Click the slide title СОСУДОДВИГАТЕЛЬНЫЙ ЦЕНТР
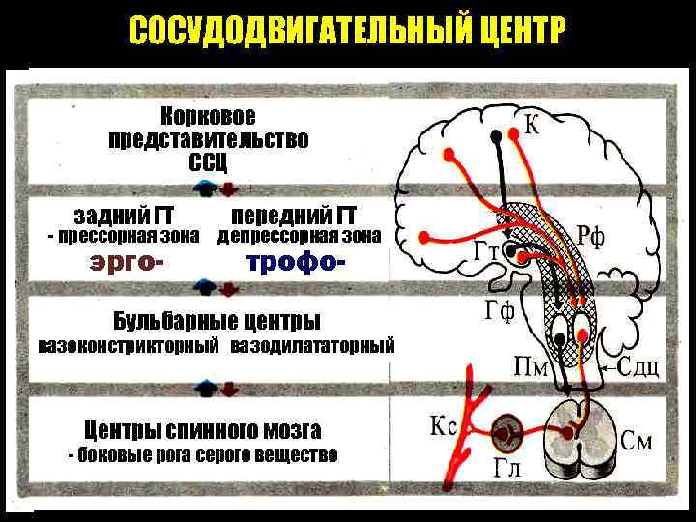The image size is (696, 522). tap(346, 33)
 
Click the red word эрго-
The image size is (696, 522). tap(126, 261)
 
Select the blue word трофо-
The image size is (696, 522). tap(296, 261)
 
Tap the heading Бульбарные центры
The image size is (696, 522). tap(217, 320)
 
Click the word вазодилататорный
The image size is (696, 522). tap(312, 345)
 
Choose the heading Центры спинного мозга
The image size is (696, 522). tap(202, 430)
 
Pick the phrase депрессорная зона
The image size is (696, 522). tap(299, 236)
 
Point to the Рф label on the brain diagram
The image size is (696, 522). tap(591, 235)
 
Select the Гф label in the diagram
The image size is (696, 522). tap(500, 312)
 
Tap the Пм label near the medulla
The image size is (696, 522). tap(534, 366)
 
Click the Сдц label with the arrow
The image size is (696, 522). tap(637, 368)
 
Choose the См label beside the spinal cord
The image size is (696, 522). tap(635, 443)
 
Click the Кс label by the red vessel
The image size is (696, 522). tap(443, 425)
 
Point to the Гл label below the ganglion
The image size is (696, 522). tap(507, 469)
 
